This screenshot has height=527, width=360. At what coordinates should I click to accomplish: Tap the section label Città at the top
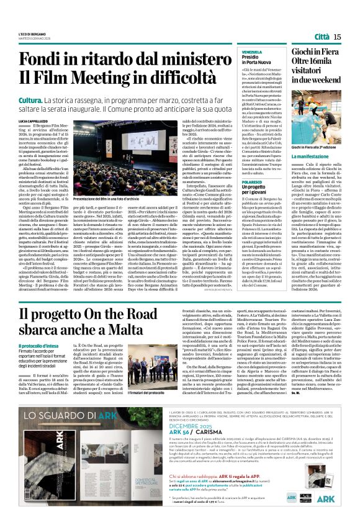(x=321, y=37)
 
